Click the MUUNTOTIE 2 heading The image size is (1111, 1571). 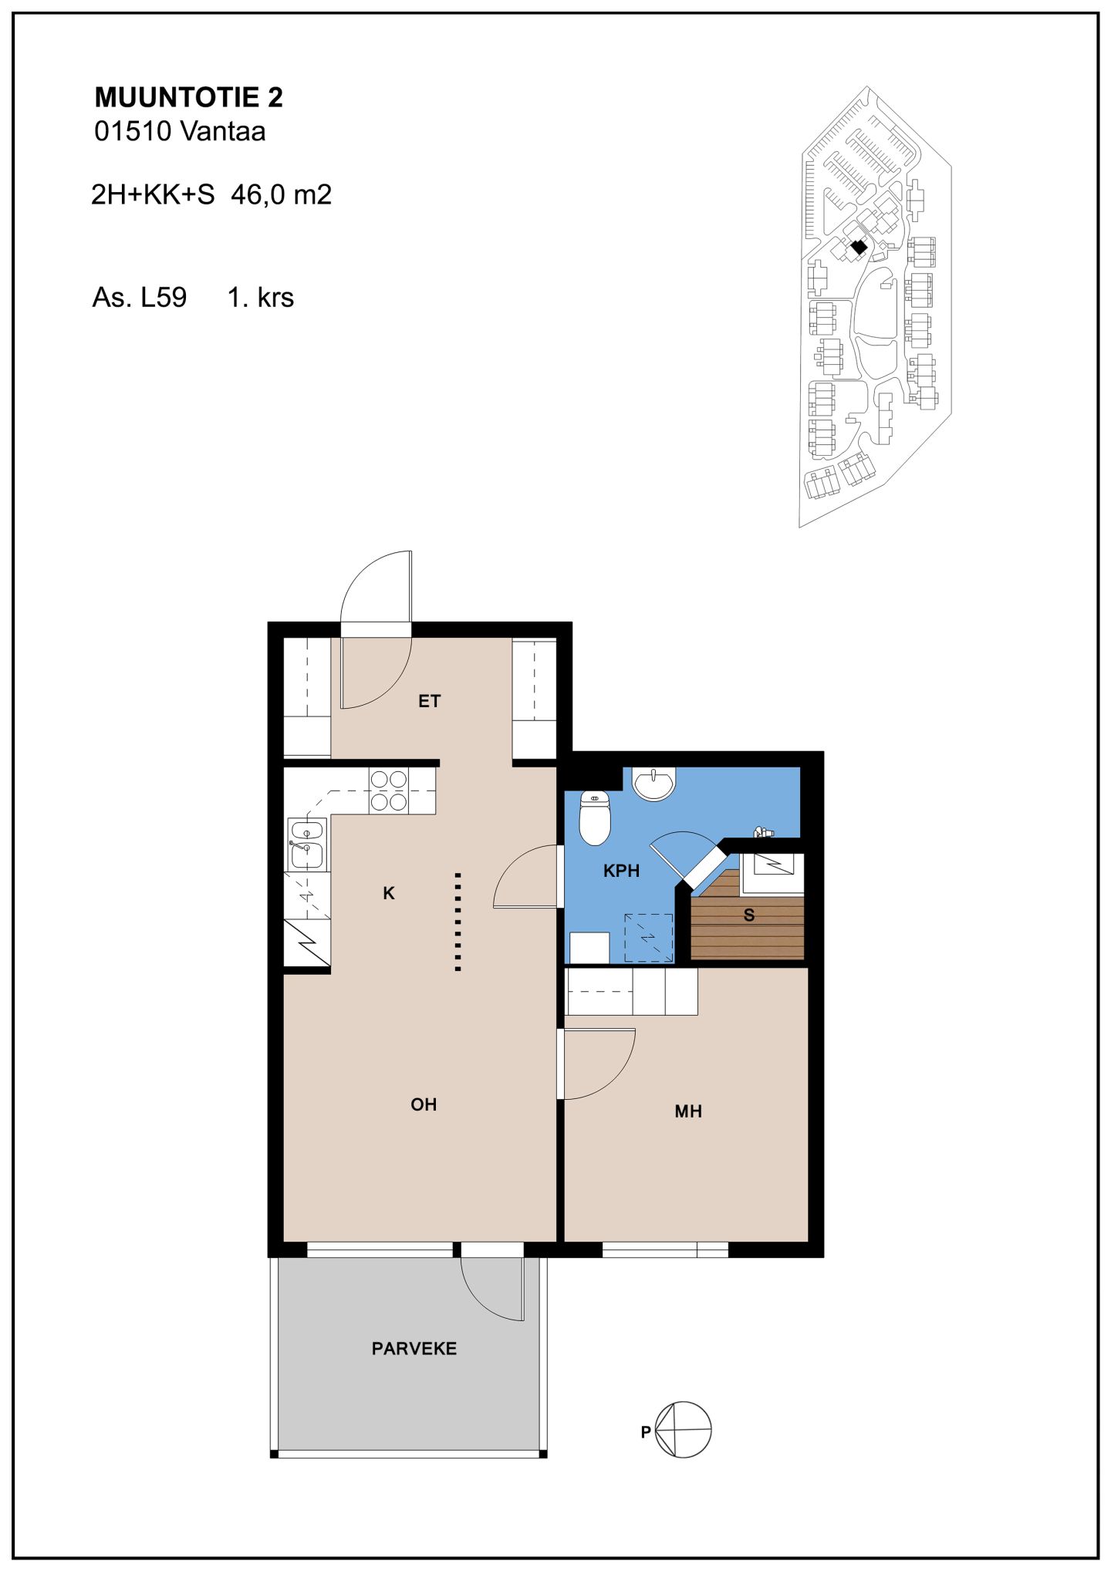[x=188, y=97]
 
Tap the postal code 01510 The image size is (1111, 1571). [x=133, y=131]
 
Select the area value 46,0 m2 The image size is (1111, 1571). [x=282, y=194]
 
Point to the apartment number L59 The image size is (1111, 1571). [x=164, y=298]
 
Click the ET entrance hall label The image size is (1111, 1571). [x=429, y=701]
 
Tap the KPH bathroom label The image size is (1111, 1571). [x=621, y=871]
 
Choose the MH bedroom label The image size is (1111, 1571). [x=688, y=1111]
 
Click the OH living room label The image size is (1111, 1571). [x=424, y=1104]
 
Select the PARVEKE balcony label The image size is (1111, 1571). [x=414, y=1370]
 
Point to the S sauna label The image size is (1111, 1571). [x=748, y=915]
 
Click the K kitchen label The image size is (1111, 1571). [x=389, y=893]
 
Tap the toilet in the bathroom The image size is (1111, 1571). [x=595, y=818]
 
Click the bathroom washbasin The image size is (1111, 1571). [x=654, y=784]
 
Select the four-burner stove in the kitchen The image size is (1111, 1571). [x=389, y=791]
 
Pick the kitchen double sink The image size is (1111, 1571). [x=307, y=844]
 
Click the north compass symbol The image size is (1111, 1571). [x=683, y=1429]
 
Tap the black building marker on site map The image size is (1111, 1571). [x=859, y=248]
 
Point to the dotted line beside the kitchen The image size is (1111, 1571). [x=458, y=922]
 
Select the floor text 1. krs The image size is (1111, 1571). [x=261, y=298]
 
